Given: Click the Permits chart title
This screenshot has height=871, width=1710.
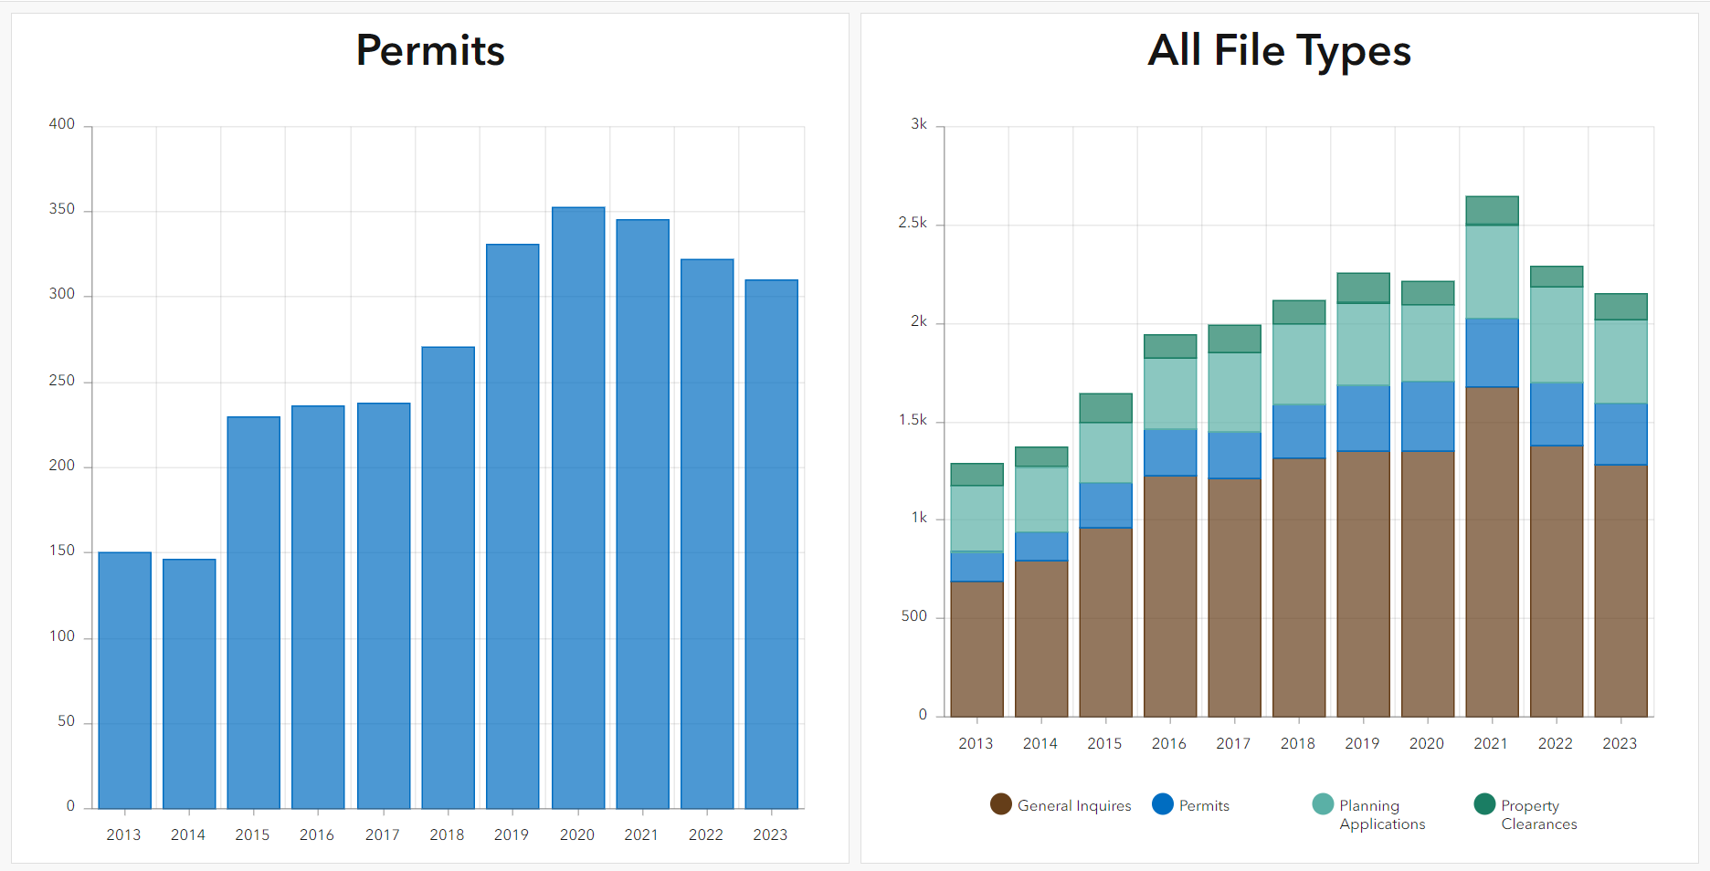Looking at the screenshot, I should [x=430, y=50].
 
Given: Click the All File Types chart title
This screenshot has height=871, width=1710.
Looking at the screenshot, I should [x=1279, y=50].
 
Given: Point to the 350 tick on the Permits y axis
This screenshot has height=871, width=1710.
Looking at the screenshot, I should [x=62, y=209].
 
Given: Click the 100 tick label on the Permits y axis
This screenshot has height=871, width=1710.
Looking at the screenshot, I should [x=62, y=636].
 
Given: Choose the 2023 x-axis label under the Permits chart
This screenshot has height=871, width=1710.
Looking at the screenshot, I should [x=770, y=834].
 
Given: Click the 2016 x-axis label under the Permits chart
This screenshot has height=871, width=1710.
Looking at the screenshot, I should [x=317, y=834].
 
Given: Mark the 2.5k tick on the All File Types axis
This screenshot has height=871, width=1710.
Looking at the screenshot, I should [x=913, y=223].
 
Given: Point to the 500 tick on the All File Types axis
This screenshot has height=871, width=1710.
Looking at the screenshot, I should [x=914, y=616].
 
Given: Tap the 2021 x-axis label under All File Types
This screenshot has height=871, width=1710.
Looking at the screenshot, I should [x=1491, y=743].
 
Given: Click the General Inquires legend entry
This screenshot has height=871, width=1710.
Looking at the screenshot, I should [x=1061, y=805].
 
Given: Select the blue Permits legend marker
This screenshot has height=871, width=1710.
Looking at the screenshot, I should [x=1163, y=804].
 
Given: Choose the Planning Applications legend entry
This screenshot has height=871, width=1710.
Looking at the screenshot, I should [x=1369, y=813].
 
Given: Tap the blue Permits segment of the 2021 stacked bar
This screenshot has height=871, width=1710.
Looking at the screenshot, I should [x=1492, y=352].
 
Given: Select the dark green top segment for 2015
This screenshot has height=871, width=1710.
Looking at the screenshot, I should [x=1105, y=407].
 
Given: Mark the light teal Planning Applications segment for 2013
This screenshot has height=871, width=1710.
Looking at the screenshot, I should [x=976, y=518].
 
